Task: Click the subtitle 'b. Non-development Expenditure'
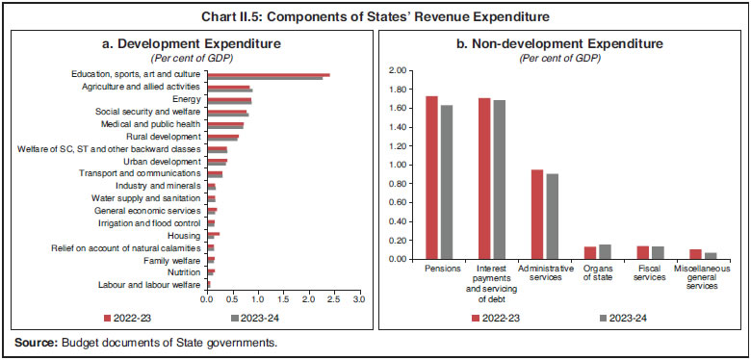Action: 559,43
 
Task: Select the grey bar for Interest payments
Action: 499,179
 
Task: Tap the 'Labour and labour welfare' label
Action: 149,285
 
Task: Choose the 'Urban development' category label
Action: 166,162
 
